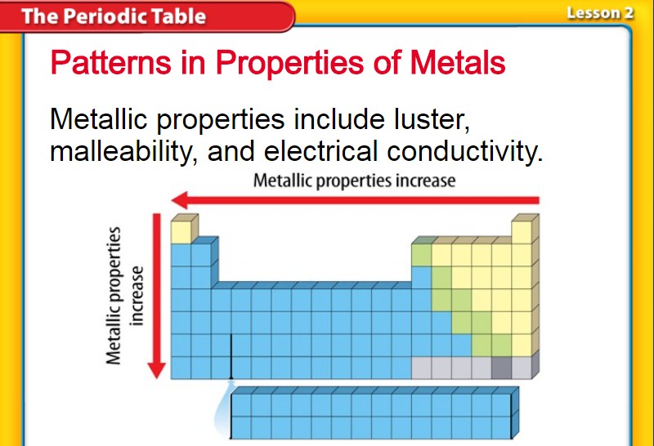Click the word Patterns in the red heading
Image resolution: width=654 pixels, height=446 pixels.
coord(110,63)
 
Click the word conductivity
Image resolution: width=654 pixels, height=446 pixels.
coord(465,151)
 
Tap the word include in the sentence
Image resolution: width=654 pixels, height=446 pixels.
coord(339,119)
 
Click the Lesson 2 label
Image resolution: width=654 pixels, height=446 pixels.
coord(600,13)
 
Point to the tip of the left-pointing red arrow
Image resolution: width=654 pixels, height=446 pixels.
coord(172,200)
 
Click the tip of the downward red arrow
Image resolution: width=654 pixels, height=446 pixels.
coord(157,378)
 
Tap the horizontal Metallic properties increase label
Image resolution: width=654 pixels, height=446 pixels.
coord(355,181)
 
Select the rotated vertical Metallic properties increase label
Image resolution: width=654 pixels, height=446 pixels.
coord(124,296)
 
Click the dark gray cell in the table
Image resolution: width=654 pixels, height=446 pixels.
coord(501,368)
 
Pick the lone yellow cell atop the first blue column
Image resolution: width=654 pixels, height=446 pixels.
coord(181,232)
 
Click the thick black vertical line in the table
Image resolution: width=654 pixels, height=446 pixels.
coord(231,356)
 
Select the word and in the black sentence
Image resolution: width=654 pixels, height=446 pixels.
coord(231,151)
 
